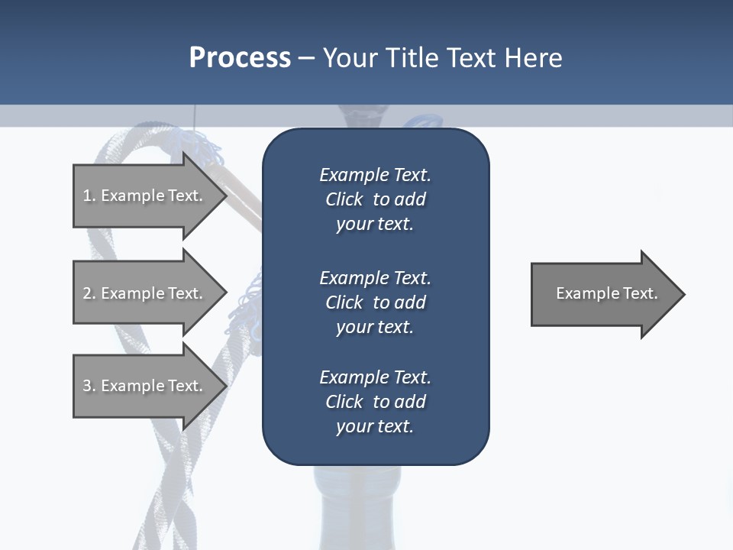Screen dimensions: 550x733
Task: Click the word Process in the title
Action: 240,58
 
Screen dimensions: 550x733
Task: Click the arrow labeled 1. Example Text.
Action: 145,196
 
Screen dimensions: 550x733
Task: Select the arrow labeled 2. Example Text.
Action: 145,293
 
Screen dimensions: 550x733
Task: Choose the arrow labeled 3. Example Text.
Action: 145,386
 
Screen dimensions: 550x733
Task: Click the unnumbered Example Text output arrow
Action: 603,294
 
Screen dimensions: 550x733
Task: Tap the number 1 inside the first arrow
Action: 87,196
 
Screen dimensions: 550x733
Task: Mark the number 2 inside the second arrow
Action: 87,293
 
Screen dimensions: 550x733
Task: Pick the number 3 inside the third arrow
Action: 87,386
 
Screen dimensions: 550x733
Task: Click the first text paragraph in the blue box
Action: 375,199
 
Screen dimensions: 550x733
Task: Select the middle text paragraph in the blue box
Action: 375,302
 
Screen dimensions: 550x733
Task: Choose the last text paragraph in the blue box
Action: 375,402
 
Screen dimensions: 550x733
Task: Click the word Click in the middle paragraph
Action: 344,302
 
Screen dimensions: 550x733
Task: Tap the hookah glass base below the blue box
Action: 357,508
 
